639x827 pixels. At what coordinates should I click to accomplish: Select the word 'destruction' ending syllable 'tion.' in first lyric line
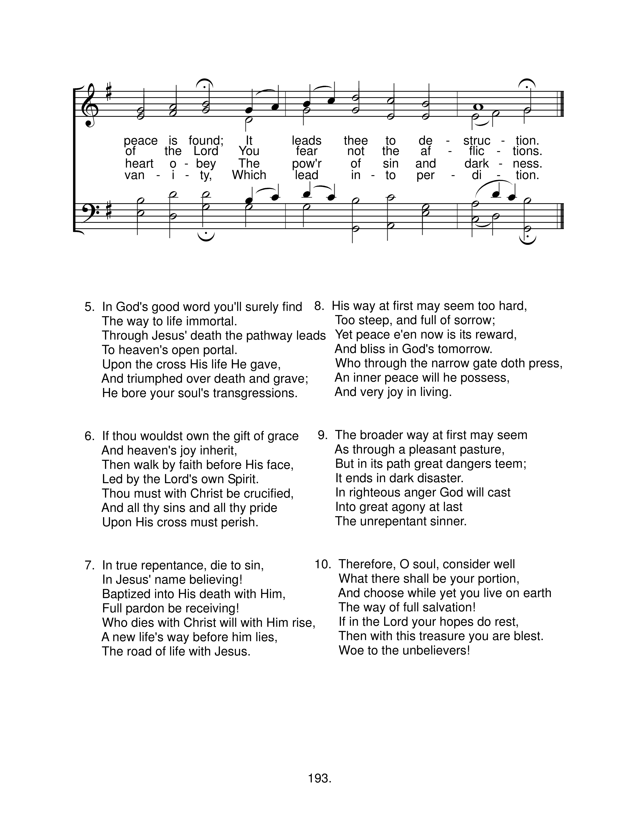pyautogui.click(x=527, y=141)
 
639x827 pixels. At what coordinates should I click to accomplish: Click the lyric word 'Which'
pyautogui.click(x=249, y=175)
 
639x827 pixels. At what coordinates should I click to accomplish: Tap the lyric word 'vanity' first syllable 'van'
pyautogui.click(x=135, y=175)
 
